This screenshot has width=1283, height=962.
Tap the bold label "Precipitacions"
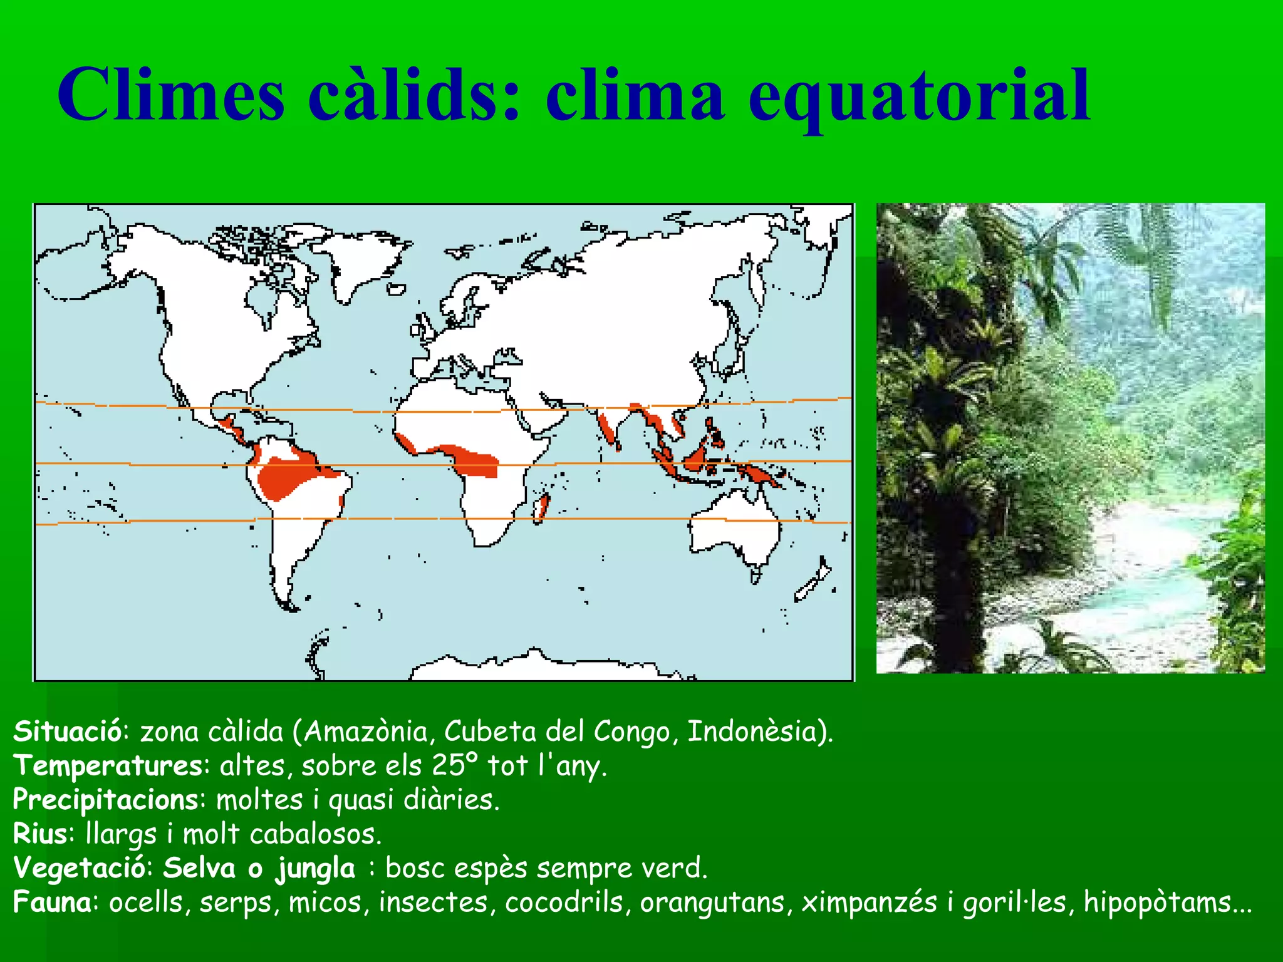[x=106, y=800]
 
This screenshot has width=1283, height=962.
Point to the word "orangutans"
[x=712, y=903]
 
